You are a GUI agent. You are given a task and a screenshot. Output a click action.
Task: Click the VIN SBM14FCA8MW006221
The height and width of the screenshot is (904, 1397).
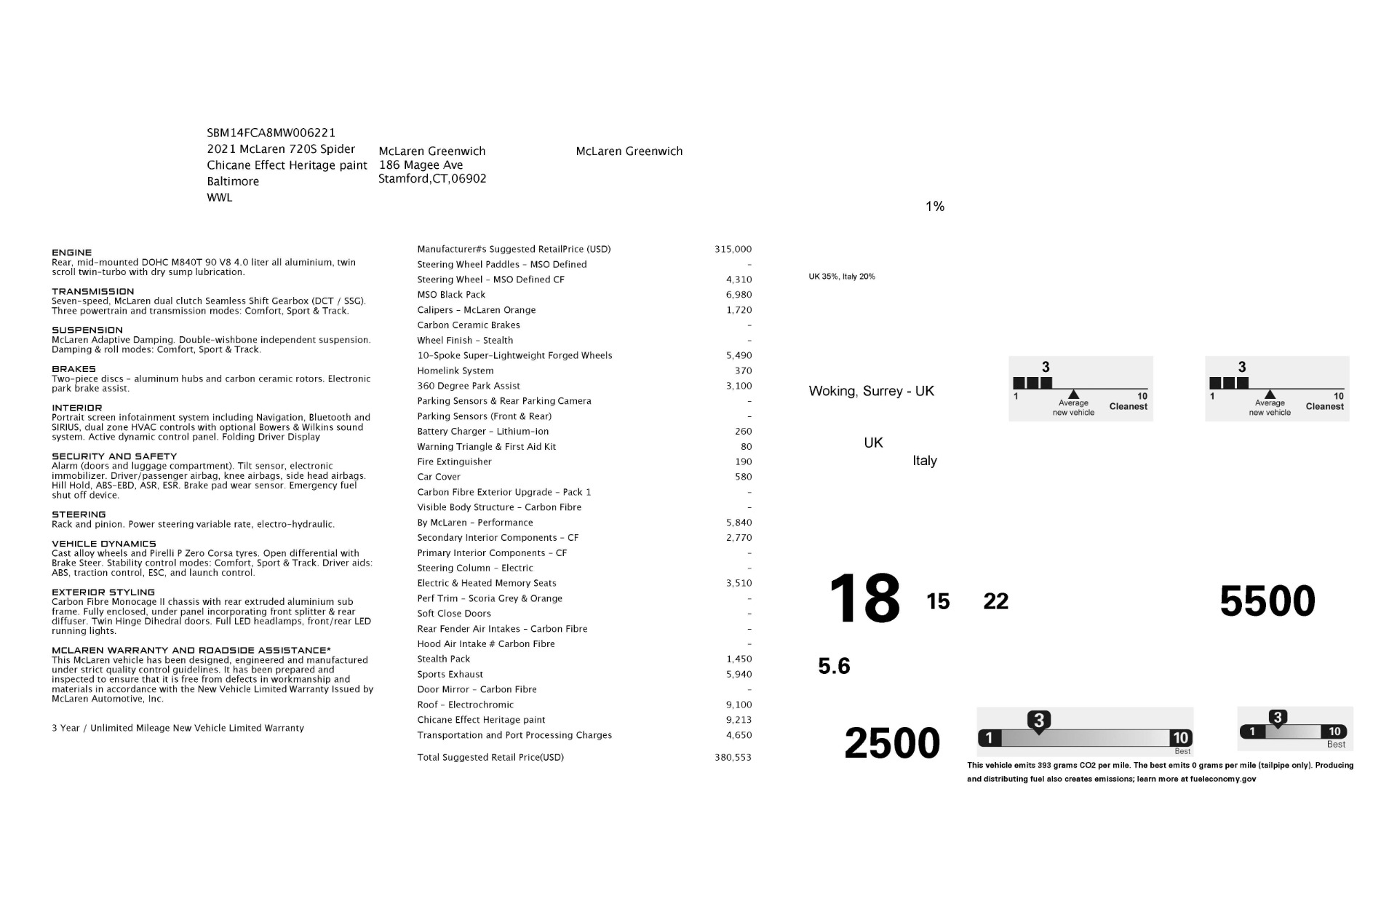[271, 132]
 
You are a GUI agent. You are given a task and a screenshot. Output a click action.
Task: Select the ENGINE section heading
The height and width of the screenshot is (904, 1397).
[71, 253]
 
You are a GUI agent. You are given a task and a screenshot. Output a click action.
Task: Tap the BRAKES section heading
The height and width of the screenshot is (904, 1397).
[73, 369]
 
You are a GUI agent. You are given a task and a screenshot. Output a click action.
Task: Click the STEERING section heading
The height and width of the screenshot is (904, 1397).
[79, 515]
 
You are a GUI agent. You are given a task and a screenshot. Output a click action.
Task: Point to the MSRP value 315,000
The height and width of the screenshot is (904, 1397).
[733, 249]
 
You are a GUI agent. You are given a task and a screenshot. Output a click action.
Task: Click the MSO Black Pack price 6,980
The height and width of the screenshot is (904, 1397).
[739, 295]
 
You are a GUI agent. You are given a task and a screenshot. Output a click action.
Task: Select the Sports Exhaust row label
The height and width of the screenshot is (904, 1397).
[450, 674]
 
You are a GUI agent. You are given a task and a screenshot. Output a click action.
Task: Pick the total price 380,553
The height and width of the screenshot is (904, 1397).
[733, 757]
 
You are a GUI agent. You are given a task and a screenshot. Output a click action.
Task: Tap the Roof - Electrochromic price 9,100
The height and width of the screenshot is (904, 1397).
[739, 705]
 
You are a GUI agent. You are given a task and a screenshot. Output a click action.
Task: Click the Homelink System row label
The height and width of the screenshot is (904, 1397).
[455, 370]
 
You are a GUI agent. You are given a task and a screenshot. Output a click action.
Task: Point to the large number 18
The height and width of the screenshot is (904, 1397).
[864, 599]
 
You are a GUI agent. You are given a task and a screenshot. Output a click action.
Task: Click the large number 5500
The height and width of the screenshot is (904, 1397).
[1267, 601]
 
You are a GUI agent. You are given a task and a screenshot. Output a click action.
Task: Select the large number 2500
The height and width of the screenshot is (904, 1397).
[891, 742]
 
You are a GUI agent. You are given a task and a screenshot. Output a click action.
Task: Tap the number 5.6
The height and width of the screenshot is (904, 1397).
[834, 666]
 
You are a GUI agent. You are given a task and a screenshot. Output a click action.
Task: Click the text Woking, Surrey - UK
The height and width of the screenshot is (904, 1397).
[871, 391]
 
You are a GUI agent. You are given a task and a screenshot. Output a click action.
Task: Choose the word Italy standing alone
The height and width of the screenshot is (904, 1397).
[924, 461]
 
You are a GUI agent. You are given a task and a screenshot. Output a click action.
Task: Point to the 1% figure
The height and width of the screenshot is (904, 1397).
[934, 207]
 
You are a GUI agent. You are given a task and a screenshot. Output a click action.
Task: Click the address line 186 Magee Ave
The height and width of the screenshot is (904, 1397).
[421, 165]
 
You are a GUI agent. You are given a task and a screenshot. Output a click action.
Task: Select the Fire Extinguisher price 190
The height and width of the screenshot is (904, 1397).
[743, 461]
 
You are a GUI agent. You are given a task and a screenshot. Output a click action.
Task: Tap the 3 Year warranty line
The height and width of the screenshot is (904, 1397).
[178, 728]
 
